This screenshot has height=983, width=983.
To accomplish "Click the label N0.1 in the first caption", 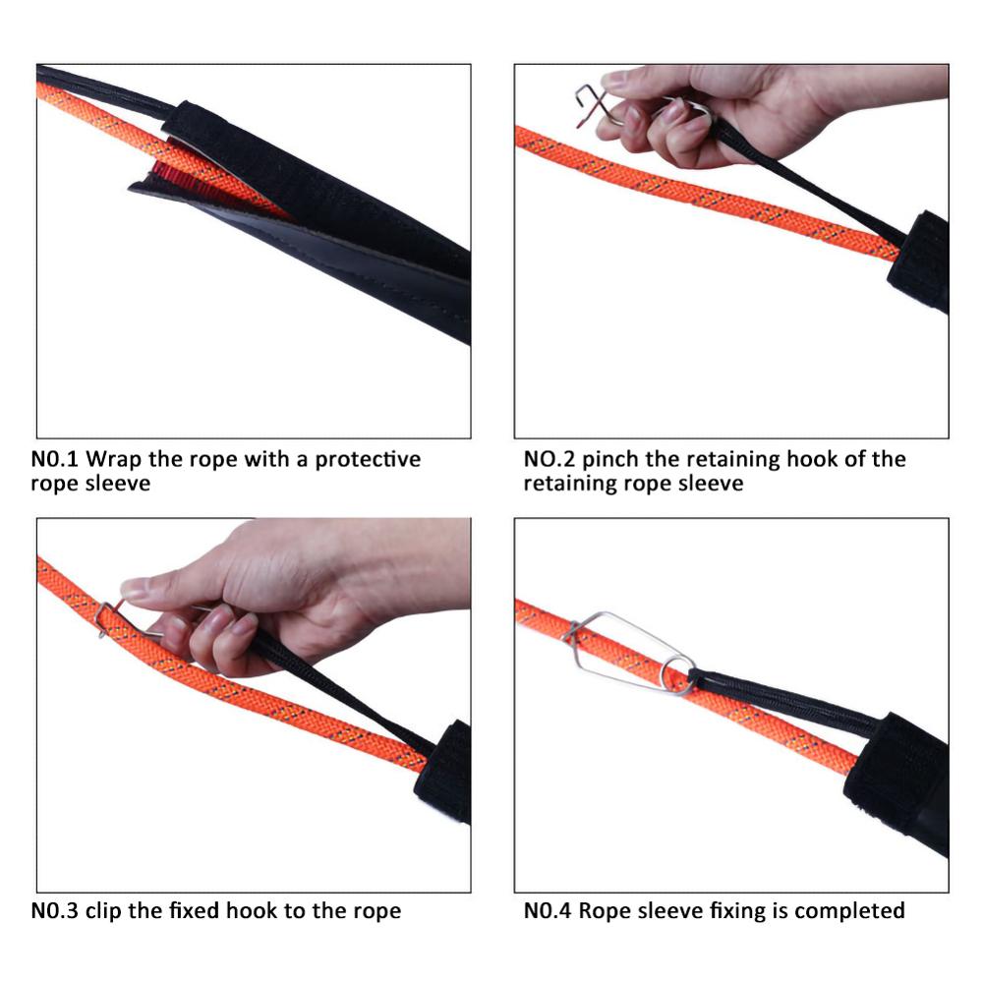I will point(55,459).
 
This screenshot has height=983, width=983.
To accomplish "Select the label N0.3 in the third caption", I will point(54,910).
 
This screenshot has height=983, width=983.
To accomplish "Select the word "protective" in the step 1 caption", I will point(368,459).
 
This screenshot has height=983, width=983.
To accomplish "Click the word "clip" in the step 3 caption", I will point(104,910).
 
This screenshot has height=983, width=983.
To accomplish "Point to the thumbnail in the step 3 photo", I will point(135,590).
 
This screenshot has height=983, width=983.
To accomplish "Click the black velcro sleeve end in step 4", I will point(896,777).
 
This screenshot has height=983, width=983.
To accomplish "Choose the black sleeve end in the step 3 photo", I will point(447,772).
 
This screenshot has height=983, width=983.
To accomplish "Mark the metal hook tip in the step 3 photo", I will point(103,621).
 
